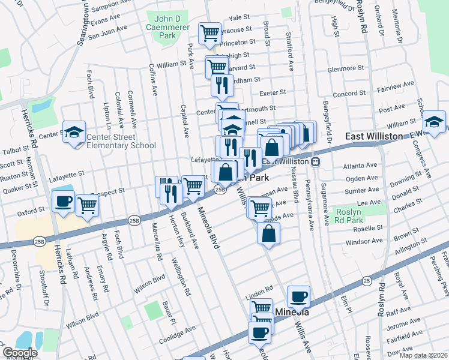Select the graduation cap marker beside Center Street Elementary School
point(74,133)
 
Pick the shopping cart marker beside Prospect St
point(87,205)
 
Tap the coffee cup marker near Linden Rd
point(298,295)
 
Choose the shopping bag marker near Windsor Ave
point(269,232)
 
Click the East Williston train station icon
point(315,162)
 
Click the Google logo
point(20,353)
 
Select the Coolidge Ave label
point(178,329)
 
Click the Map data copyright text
point(424,355)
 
